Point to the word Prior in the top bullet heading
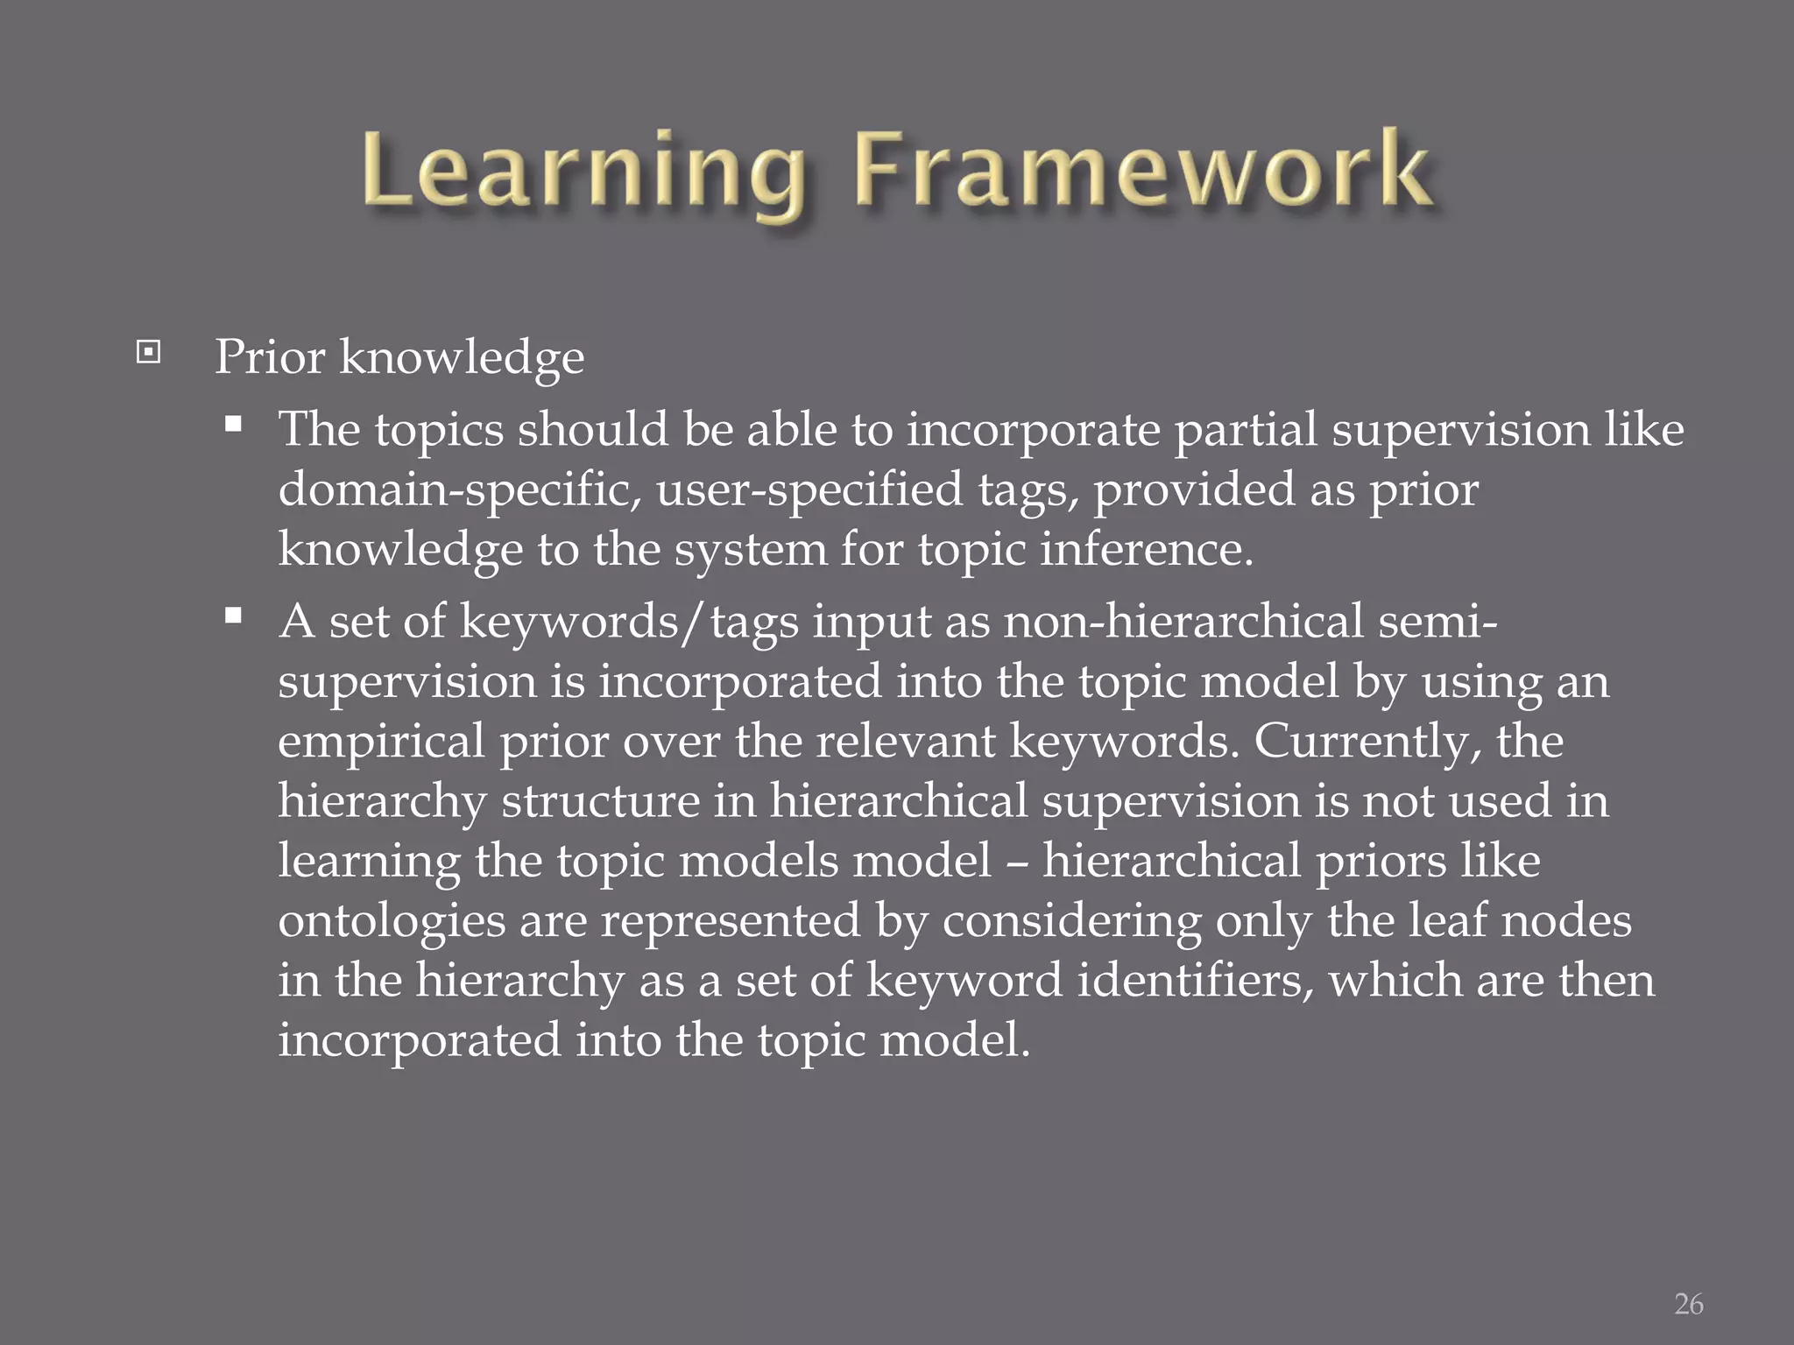270,357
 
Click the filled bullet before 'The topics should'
233,426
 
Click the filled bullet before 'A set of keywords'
233,616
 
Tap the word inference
1147,550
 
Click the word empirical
381,743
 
